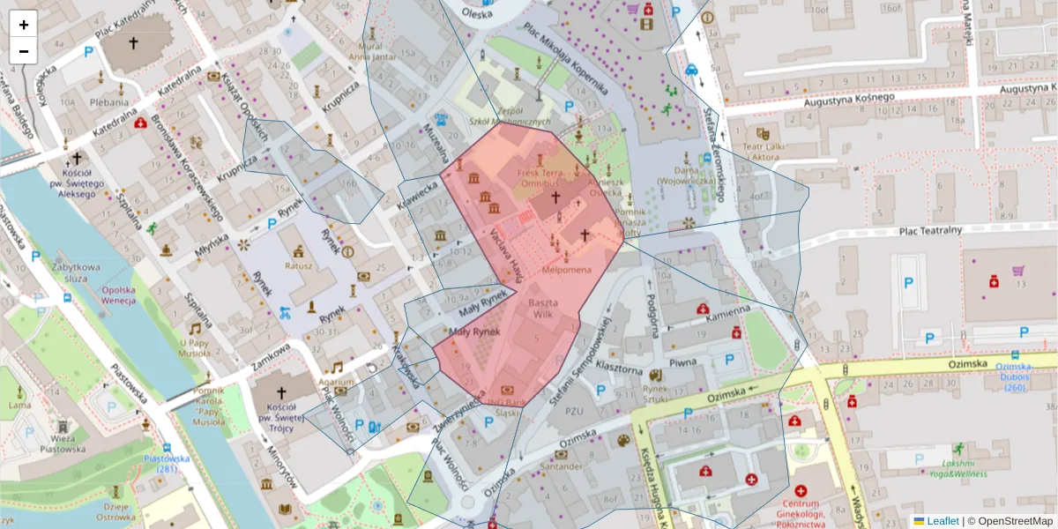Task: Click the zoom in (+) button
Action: [24, 25]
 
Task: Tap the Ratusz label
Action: [300, 264]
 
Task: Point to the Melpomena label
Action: [567, 269]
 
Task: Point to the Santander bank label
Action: [561, 466]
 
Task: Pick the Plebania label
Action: [109, 101]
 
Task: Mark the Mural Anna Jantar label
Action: [371, 51]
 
